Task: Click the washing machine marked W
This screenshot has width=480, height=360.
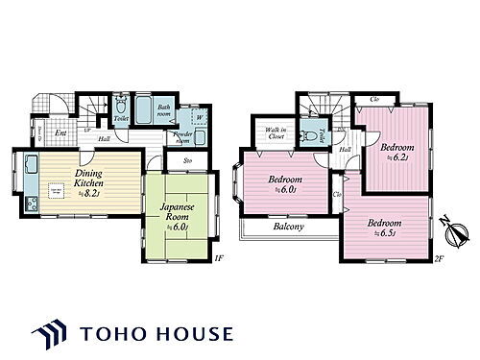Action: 199,118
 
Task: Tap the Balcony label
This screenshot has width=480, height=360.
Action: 289,228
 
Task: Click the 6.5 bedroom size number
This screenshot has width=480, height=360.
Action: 389,231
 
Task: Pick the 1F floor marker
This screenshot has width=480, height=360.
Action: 219,258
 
